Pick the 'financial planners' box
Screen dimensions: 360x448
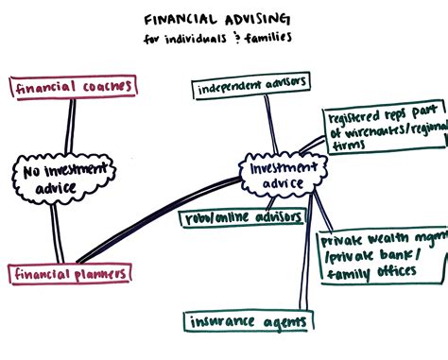tap(71, 274)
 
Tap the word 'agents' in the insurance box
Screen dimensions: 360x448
tap(282, 296)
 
